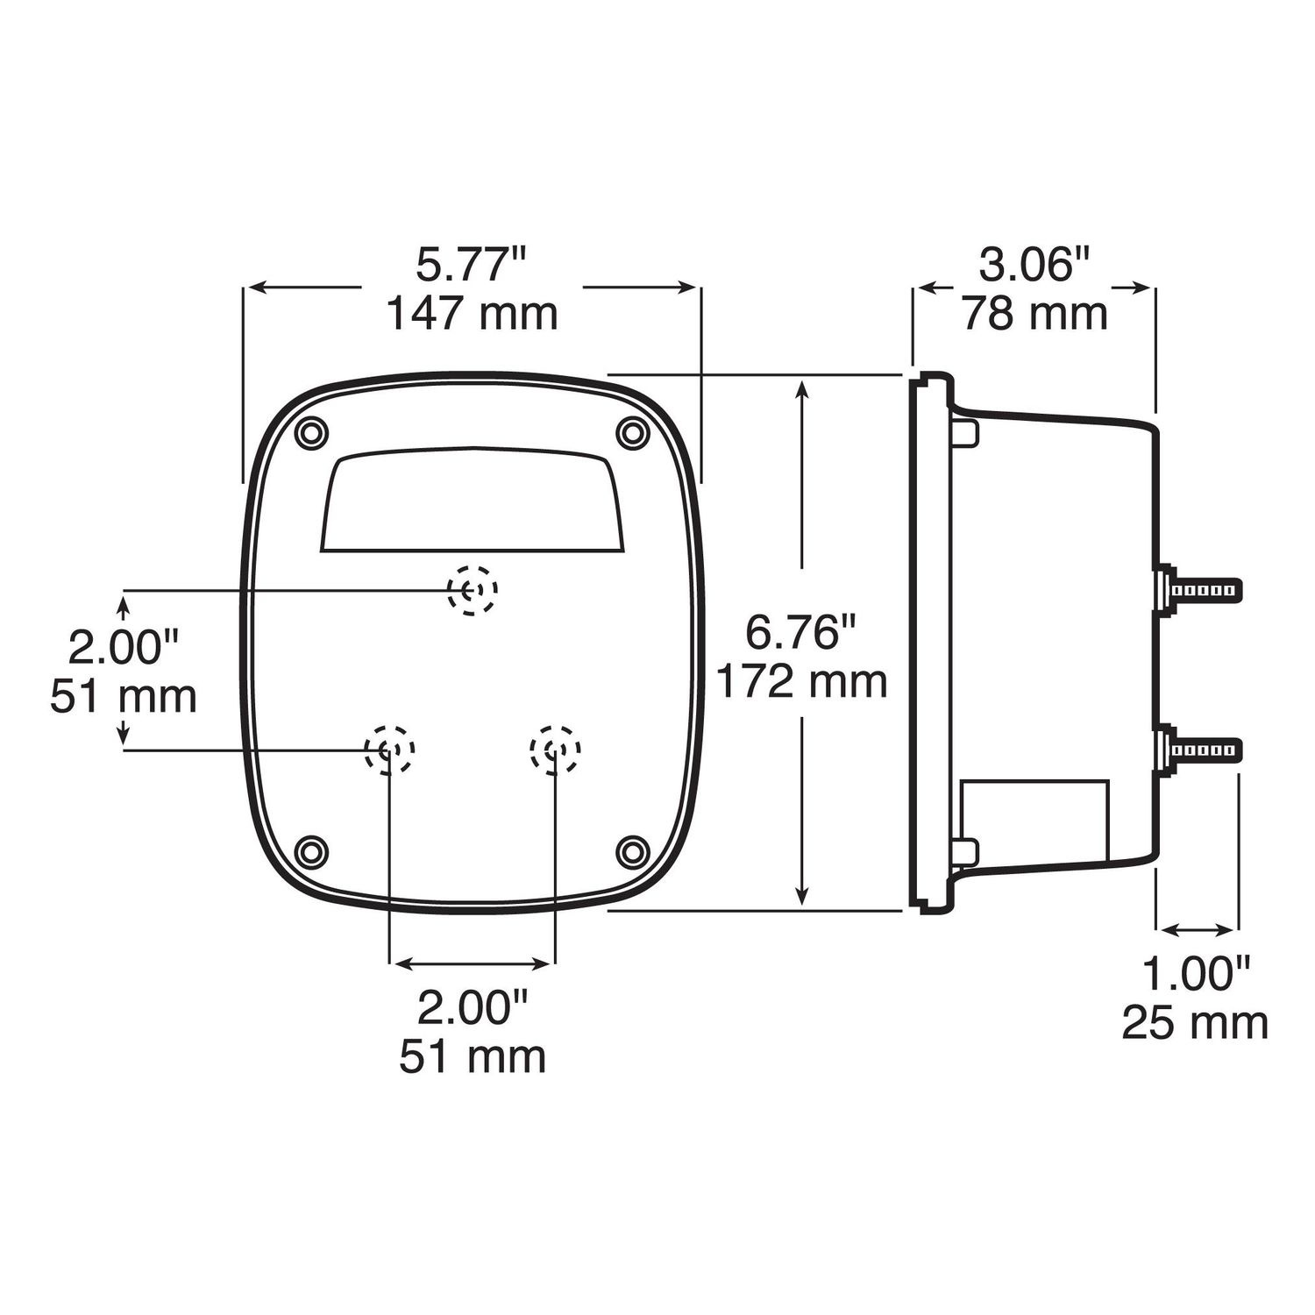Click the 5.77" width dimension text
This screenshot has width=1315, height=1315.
(x=472, y=266)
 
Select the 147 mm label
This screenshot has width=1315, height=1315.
(x=472, y=313)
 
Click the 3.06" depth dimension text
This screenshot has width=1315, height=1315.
(x=1034, y=266)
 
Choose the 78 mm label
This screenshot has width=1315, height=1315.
(x=1034, y=313)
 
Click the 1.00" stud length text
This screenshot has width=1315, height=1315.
(x=1196, y=974)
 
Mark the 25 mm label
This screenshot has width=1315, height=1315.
(x=1196, y=1022)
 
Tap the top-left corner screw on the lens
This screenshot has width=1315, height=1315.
(x=311, y=432)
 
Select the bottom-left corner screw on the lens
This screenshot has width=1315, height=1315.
(x=311, y=851)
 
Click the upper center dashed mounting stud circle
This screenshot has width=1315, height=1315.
(x=473, y=590)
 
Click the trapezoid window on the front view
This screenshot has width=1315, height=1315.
(x=473, y=501)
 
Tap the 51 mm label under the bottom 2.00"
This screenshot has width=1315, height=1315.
(x=473, y=1056)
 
